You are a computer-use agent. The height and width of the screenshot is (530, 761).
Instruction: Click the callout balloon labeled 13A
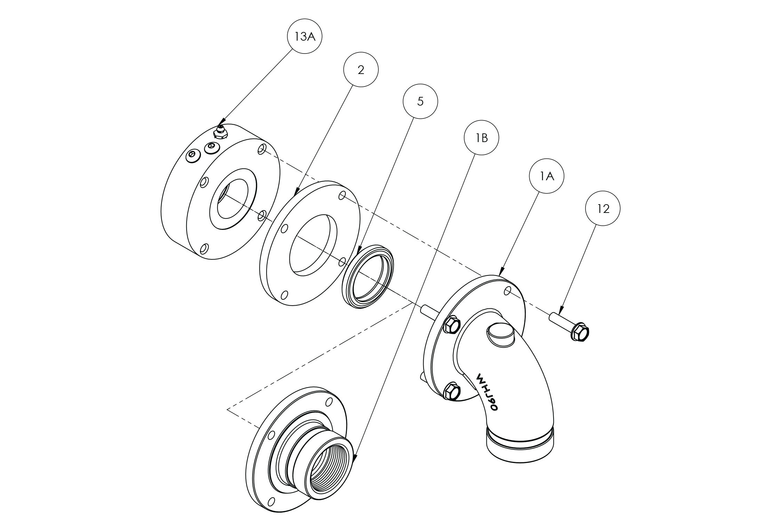(x=304, y=36)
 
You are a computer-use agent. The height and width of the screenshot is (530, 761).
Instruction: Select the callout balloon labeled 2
(x=361, y=70)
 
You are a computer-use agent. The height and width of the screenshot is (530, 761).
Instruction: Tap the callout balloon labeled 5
(x=420, y=101)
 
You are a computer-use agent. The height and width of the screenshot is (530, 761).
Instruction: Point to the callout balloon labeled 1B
(x=482, y=138)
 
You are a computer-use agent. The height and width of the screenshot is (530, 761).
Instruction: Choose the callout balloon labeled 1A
(x=546, y=176)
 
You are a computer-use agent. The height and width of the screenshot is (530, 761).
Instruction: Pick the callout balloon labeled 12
(x=603, y=209)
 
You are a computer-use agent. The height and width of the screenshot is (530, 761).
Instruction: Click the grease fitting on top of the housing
(x=220, y=132)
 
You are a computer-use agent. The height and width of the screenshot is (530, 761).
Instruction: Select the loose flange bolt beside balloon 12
(x=570, y=326)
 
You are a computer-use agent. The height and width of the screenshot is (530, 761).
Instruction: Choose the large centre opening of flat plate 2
(x=313, y=243)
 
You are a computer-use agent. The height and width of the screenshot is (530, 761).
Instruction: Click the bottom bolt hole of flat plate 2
(x=284, y=295)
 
